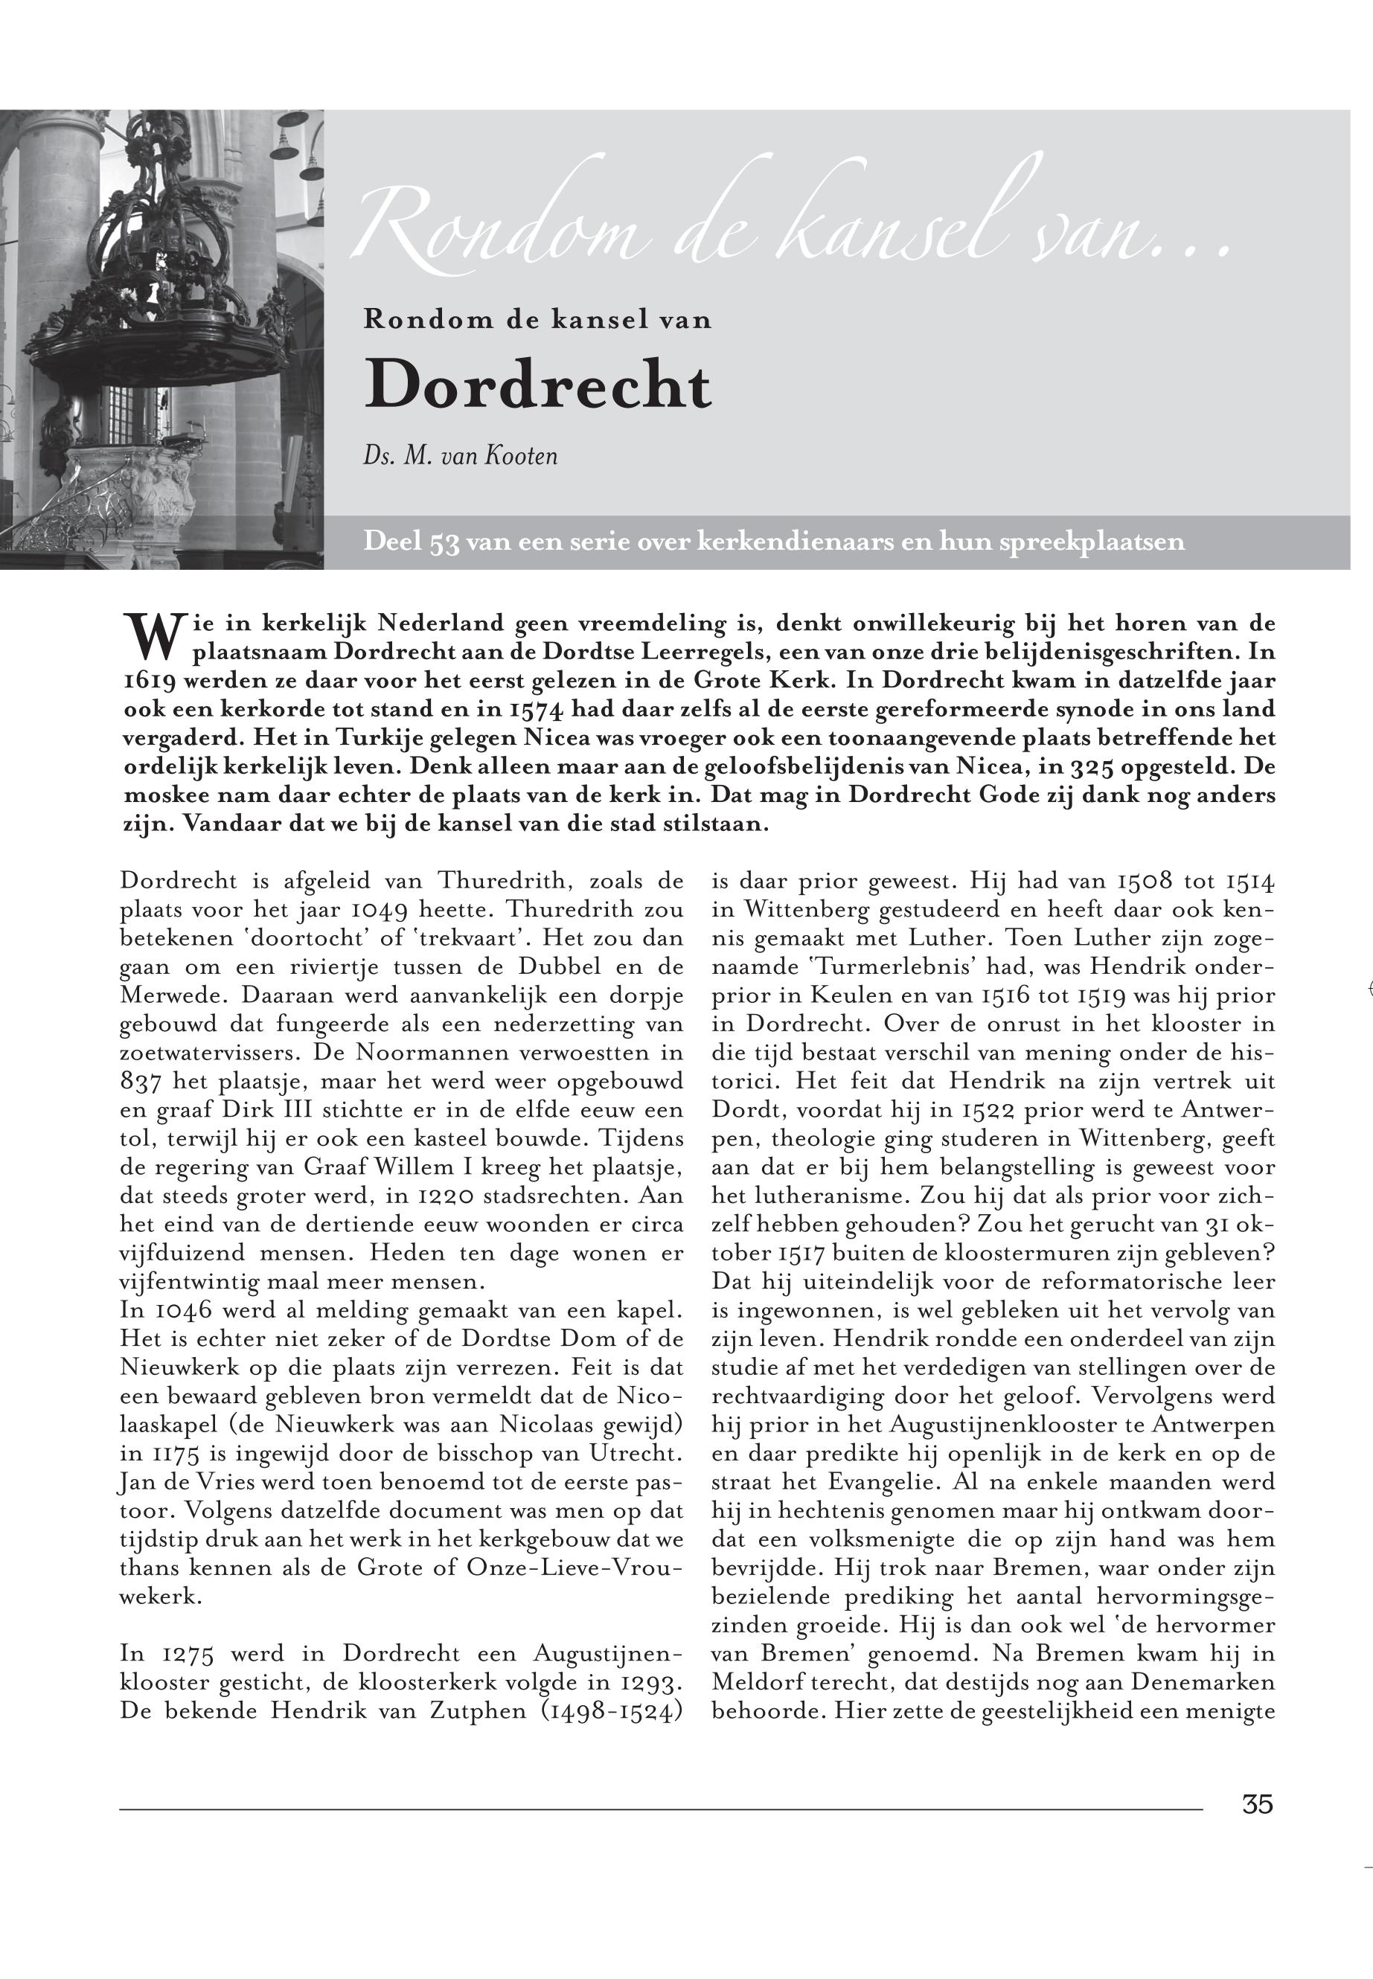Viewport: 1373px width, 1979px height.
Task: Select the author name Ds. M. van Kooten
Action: tap(460, 455)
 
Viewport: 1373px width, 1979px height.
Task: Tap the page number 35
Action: tap(1257, 1803)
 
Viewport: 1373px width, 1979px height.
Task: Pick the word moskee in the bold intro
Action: tap(162, 795)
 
